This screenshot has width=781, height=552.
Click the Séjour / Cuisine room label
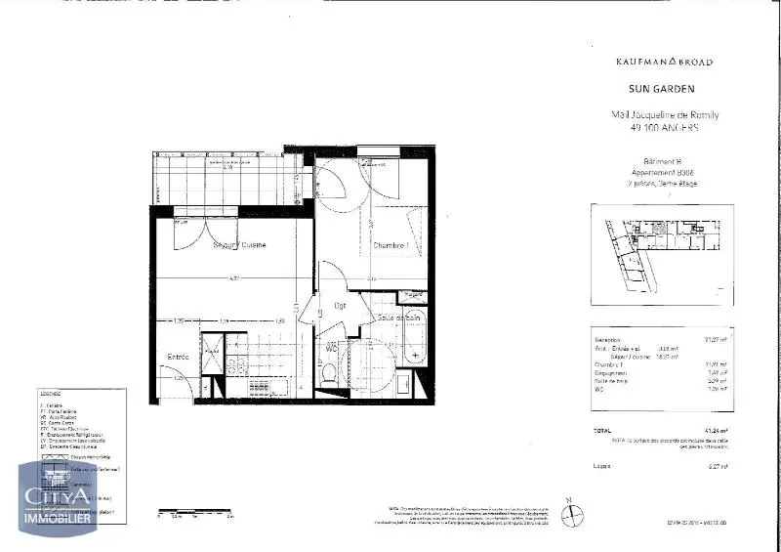[x=240, y=244]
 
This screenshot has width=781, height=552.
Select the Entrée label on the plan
[x=177, y=357]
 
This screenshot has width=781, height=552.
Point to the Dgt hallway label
[x=340, y=306]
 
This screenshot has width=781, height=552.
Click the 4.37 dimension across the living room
[x=234, y=280]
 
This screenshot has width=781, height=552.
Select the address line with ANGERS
[x=663, y=125]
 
